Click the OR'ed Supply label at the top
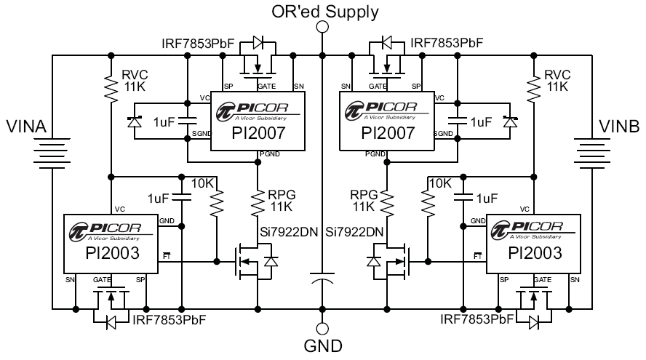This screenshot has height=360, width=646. tap(324, 11)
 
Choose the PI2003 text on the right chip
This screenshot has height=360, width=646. tap(535, 253)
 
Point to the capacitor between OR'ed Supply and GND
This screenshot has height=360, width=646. tap(322, 280)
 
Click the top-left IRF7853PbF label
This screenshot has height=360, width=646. tap(198, 44)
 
